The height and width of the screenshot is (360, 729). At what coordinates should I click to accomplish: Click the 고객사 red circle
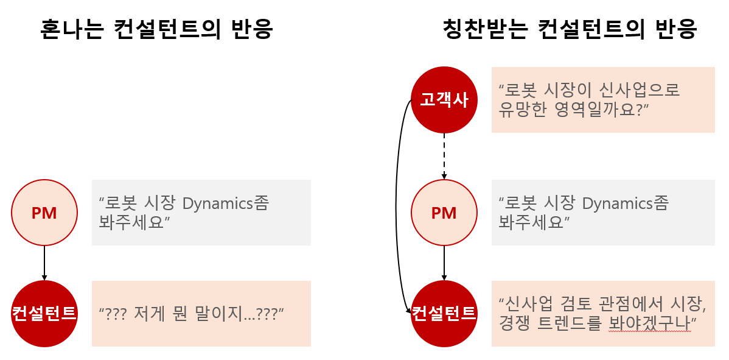444,100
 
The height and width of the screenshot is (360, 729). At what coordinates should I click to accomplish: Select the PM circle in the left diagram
44,213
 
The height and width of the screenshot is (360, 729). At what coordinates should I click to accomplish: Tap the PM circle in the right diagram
444,213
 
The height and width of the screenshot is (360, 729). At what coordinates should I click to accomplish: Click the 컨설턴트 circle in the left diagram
44,313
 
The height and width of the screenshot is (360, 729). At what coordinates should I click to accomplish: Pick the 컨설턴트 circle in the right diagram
444,313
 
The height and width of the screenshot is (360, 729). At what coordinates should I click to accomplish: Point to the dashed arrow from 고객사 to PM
444,155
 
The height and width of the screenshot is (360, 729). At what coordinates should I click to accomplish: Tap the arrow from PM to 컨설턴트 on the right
444,263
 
